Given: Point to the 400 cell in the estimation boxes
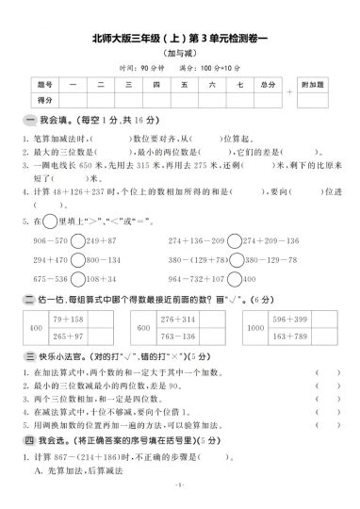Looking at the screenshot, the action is (x=37, y=327).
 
